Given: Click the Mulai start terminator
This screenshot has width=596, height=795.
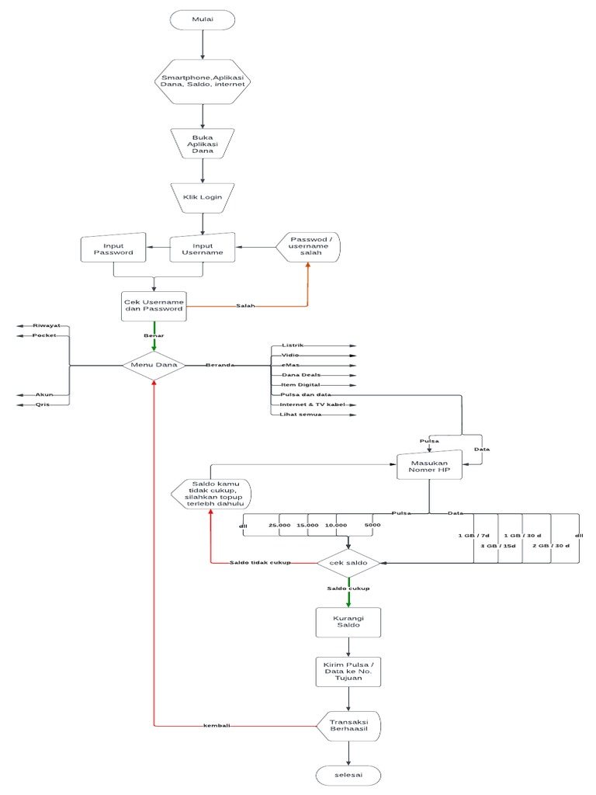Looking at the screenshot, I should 203,19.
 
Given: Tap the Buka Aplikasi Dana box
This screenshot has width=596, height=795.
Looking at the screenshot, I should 203,144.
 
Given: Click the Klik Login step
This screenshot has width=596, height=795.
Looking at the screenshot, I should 203,197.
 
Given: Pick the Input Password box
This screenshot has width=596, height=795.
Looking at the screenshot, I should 113,248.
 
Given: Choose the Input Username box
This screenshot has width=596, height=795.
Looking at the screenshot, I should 203,248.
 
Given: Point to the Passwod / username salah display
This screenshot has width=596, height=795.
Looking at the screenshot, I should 310,248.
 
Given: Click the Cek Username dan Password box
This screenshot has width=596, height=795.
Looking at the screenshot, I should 154,304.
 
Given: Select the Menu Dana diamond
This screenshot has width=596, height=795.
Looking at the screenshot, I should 154,364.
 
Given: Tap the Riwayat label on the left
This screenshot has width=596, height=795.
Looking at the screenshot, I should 47,325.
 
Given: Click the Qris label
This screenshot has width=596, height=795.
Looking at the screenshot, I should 43,404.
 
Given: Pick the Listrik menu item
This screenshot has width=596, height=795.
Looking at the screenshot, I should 293,344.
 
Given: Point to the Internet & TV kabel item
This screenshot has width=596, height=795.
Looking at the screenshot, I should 311,404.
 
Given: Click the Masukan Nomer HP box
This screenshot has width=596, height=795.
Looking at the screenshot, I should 429,467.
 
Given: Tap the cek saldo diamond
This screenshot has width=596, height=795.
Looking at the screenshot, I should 348,562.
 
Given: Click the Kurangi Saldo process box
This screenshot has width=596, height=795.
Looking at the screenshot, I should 348,621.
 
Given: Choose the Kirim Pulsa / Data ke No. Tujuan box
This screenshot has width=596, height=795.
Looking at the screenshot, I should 348,672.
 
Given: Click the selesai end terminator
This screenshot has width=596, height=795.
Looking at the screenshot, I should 348,775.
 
